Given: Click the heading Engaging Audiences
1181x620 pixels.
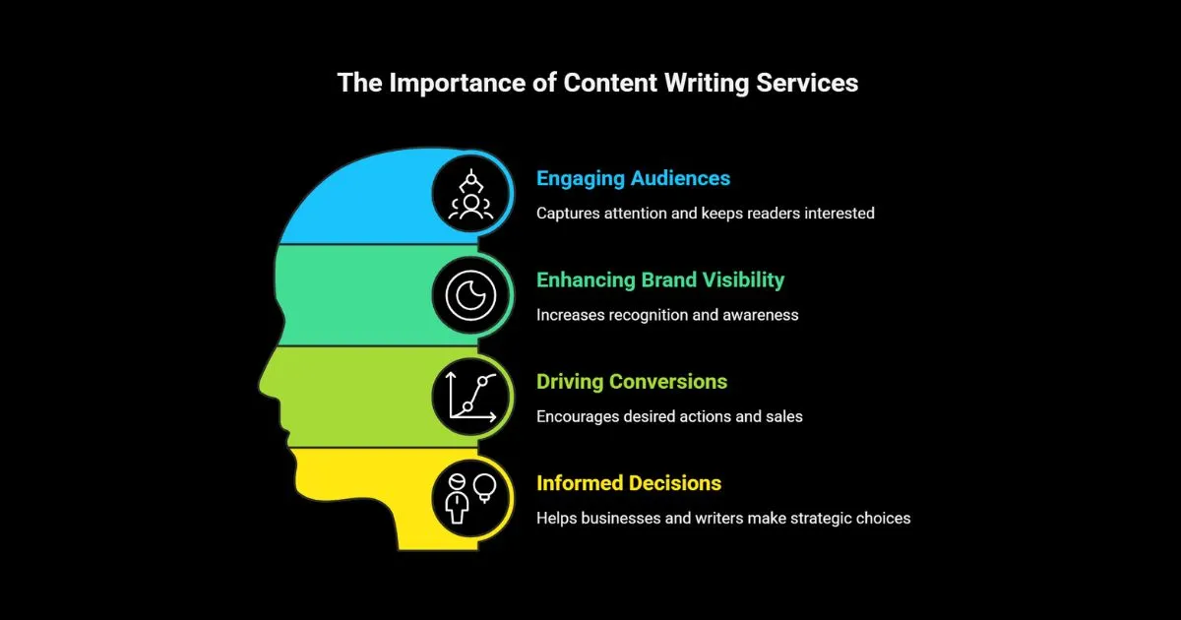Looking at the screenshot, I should click(x=633, y=178).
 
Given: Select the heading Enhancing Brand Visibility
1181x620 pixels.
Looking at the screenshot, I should click(x=659, y=279).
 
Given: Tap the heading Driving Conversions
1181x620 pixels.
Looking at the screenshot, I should click(x=631, y=381).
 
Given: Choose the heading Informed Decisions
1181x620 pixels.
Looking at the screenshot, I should click(x=628, y=483).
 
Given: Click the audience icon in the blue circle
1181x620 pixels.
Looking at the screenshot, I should click(x=471, y=194).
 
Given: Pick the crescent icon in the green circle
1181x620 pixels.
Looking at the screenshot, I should click(x=471, y=295).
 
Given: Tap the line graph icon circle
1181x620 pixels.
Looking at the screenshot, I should click(x=471, y=397).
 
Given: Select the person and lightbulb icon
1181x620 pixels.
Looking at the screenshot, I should click(x=471, y=498).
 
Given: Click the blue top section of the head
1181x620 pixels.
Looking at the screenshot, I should click(x=364, y=197).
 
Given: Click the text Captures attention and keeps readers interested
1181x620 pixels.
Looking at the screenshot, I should click(x=705, y=213).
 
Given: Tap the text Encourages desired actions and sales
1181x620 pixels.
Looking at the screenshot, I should click(x=669, y=416).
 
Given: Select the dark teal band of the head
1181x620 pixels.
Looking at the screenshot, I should click(x=354, y=295).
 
